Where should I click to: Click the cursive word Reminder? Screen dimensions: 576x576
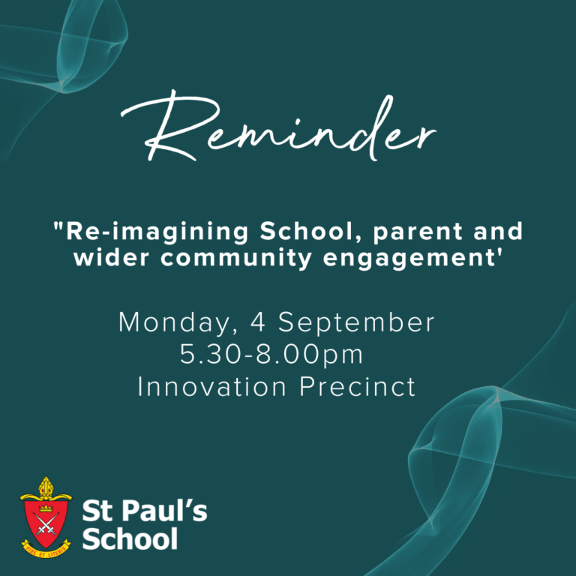pos(278,127)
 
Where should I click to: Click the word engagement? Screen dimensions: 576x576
pos(409,259)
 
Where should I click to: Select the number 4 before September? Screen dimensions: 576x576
pos(258,322)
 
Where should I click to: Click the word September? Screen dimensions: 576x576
pos(356,323)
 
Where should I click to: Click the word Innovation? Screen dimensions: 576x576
pos(211,386)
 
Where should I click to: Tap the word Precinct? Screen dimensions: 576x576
pos(358,386)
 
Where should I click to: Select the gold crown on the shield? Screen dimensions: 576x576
pos(46,508)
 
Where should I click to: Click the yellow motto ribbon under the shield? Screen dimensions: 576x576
pos(46,549)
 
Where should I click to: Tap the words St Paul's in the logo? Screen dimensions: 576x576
pos(145,511)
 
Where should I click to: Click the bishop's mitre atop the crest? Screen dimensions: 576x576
pos(46,487)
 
